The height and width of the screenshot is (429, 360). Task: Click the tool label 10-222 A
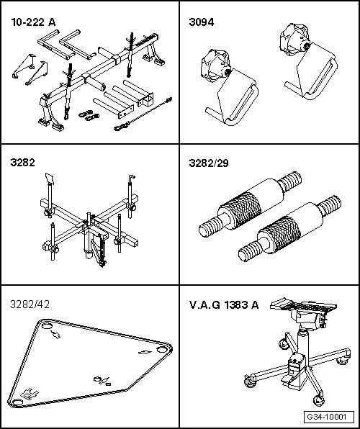pos(33,22)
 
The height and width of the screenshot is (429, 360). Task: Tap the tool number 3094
pos(202,22)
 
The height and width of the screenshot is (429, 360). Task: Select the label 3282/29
pos(209,163)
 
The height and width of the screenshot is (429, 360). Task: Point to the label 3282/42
pos(30,304)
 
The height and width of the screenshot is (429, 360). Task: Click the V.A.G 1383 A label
pos(224,304)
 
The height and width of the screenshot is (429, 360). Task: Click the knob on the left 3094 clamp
pos(215,66)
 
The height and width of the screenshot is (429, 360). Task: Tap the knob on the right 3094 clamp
pos(294,40)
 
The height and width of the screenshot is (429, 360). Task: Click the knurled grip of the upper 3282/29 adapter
pos(240,209)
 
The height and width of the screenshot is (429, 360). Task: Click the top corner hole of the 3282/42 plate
pos(47,326)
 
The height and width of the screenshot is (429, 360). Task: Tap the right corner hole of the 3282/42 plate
pos(161,349)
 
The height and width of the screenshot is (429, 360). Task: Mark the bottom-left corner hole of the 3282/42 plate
pos(18,402)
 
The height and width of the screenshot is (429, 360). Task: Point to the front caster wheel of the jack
pos(318,400)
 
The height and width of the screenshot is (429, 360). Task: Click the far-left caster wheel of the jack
pos(250,381)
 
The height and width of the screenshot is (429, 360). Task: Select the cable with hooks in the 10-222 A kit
pos(143,114)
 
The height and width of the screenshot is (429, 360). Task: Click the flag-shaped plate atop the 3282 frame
pos(50,179)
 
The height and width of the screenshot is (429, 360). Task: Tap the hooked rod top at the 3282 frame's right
pos(132,178)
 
